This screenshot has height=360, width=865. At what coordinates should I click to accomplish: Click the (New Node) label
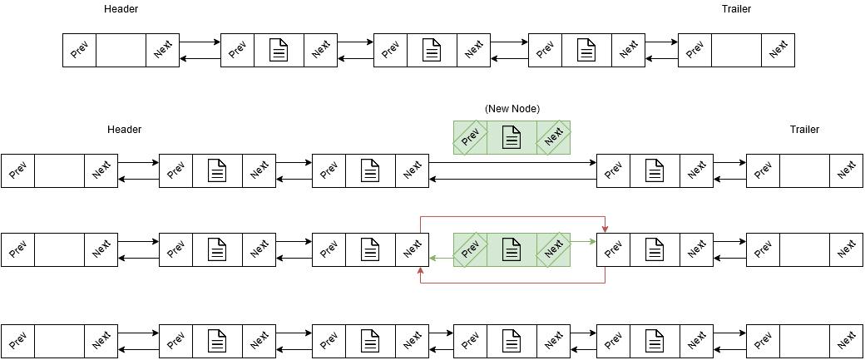pos(512,109)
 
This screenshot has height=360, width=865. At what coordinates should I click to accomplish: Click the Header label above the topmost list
pos(121,9)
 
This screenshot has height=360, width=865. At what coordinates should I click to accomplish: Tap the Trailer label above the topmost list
pos(737,9)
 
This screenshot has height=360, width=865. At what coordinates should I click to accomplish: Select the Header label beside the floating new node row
pos(124,130)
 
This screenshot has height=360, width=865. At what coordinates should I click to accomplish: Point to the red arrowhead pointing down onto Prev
pos(605,229)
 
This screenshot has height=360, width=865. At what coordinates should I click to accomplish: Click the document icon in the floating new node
pos(512,137)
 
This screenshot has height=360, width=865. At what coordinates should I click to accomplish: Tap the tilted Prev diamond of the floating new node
pos(470,137)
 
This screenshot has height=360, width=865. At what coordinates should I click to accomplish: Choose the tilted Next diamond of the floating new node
pos(553,137)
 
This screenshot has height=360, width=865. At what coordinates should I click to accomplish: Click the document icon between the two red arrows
pos(512,250)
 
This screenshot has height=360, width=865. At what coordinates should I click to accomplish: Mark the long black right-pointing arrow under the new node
pos(512,163)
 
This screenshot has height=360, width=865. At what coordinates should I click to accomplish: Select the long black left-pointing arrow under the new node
pos(512,180)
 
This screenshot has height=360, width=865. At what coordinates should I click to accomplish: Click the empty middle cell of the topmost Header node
pos(121,51)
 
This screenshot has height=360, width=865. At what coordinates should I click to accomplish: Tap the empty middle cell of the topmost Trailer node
pos(737,51)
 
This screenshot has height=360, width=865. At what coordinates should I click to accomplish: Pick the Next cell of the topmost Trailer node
pos(778,51)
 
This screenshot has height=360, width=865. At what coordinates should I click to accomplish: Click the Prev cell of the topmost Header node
pos(80,51)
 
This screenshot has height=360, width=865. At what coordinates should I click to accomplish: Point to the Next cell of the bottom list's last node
pos(847,340)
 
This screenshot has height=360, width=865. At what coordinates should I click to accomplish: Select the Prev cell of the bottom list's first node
pos(17,340)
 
